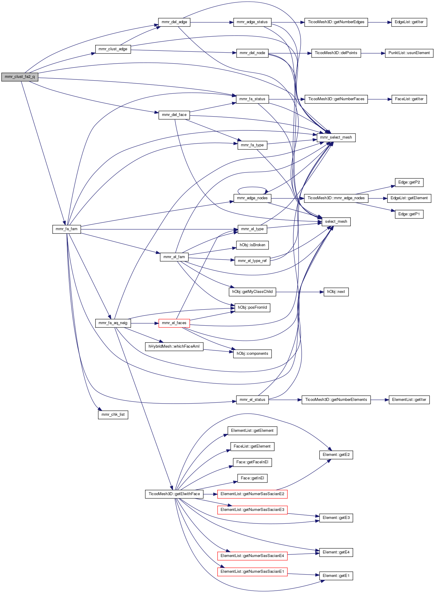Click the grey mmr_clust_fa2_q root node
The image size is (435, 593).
tap(20, 77)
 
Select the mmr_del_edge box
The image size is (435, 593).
tap(174, 22)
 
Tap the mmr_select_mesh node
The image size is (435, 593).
tap(336, 137)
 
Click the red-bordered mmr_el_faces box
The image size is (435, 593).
tap(174, 323)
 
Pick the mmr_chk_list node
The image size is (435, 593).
tap(113, 415)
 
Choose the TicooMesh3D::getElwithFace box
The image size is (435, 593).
tap(174, 494)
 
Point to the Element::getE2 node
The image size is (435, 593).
tap(336, 455)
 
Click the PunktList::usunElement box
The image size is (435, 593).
tap(409, 53)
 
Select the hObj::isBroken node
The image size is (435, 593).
tap(252, 245)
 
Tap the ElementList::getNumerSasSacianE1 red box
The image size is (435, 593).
tap(252, 572)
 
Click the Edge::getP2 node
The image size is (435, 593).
tap(409, 182)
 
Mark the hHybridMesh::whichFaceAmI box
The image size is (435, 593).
tap(174, 346)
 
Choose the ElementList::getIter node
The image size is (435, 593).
tap(409, 400)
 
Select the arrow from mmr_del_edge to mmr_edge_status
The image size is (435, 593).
tap(211, 22)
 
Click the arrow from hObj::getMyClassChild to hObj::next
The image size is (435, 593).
tap(299, 292)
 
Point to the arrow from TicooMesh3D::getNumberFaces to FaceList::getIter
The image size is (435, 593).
tap(379, 99)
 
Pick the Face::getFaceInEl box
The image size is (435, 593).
tap(252, 462)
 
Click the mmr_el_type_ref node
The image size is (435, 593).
tap(252, 261)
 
